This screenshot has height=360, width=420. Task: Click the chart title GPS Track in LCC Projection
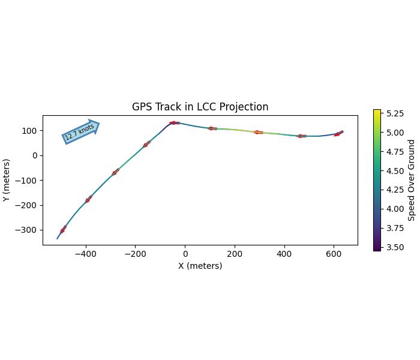[200, 107]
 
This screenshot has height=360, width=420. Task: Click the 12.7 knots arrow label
[80, 131]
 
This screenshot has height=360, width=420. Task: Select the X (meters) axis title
[200, 266]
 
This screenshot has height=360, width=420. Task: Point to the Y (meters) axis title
[7, 180]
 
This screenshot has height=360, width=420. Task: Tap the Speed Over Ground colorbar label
[412, 180]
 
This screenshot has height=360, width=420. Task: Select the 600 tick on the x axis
[334, 253]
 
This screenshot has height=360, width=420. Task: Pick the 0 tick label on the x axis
[185, 253]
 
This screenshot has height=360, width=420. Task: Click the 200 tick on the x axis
[235, 253]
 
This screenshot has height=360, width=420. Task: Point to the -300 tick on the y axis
[28, 230]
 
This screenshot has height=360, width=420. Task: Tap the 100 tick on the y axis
[31, 131]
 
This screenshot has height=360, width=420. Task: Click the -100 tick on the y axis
[28, 181]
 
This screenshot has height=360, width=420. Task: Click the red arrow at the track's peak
[174, 123]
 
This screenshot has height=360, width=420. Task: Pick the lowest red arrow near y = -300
[63, 229]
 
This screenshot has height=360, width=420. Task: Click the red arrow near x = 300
[258, 132]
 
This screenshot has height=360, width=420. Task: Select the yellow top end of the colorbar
[377, 112]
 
